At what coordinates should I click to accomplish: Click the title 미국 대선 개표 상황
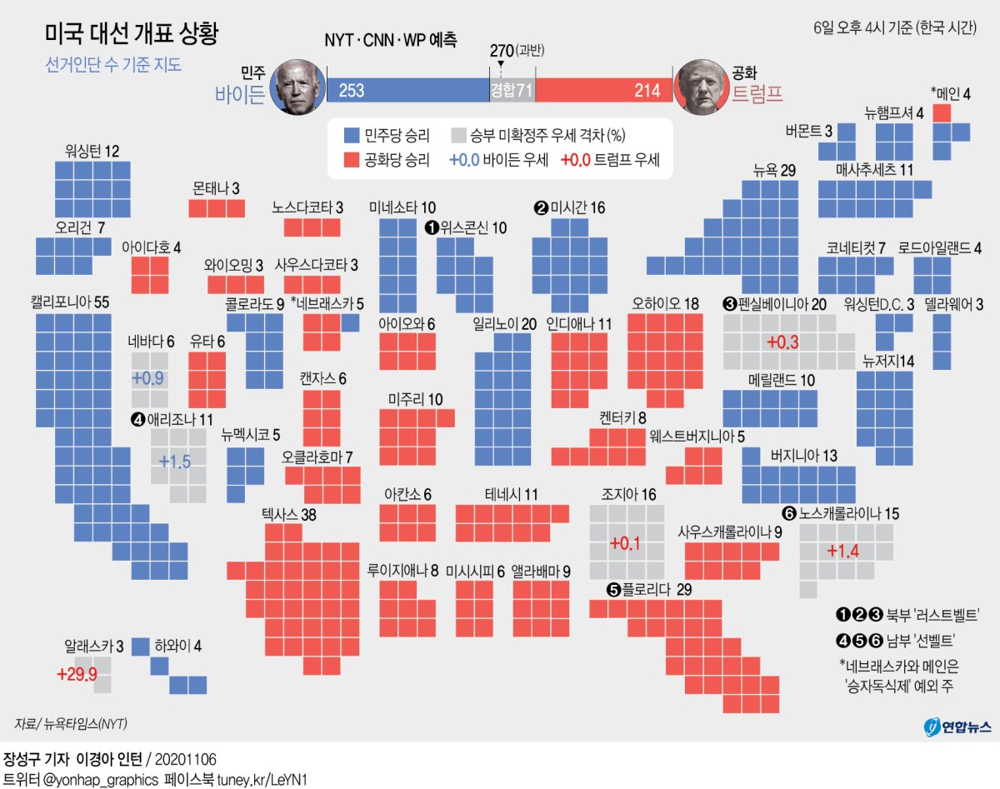132,34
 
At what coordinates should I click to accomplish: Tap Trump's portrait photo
702,87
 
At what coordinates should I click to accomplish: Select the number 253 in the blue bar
352,91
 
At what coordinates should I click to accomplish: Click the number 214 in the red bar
647,91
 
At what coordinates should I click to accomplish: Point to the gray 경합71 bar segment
511,91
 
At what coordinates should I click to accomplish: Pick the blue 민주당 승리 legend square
352,135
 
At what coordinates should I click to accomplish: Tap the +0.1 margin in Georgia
624,543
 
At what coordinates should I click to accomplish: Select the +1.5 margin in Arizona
175,461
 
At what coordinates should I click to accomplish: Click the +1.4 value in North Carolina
842,551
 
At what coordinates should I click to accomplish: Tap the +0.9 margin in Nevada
147,377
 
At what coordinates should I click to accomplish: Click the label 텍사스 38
288,515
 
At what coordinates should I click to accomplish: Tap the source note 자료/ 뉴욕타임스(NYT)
71,723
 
